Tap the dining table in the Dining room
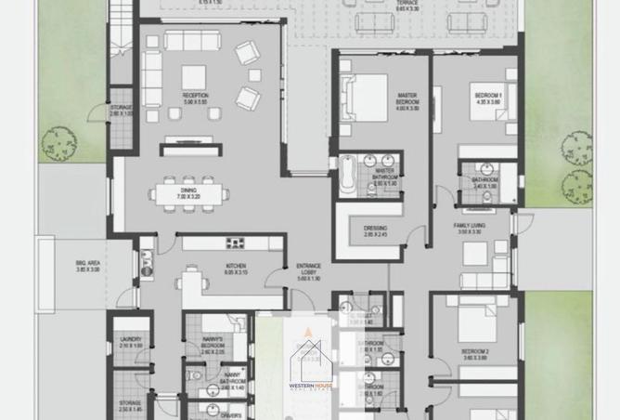click(x=189, y=193)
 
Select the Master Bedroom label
click(x=407, y=96)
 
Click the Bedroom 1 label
click(x=487, y=97)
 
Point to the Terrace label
click(x=407, y=4)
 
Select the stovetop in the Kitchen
click(x=235, y=243)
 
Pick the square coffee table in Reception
click(x=194, y=75)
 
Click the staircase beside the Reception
click(x=119, y=42)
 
